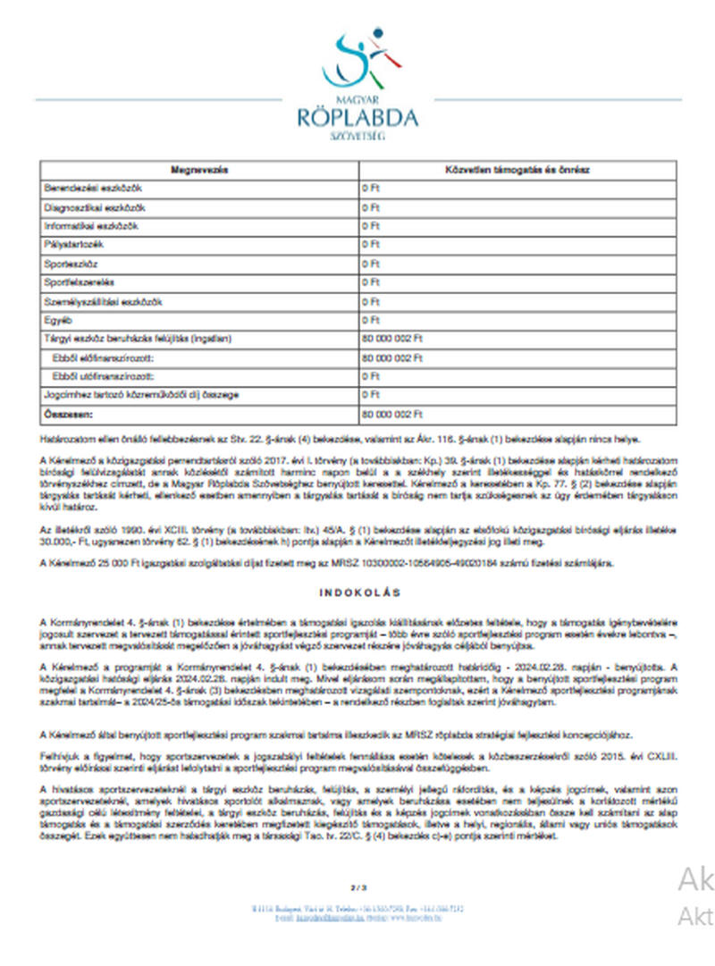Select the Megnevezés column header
click(x=198, y=170)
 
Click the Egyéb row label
click(x=57, y=320)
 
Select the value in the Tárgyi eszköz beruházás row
click(x=391, y=339)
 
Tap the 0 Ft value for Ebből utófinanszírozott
click(x=371, y=376)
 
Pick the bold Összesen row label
click(x=68, y=415)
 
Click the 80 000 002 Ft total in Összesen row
click(x=391, y=415)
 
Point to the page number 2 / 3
click(x=358, y=887)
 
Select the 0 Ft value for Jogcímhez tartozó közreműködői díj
click(x=371, y=395)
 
